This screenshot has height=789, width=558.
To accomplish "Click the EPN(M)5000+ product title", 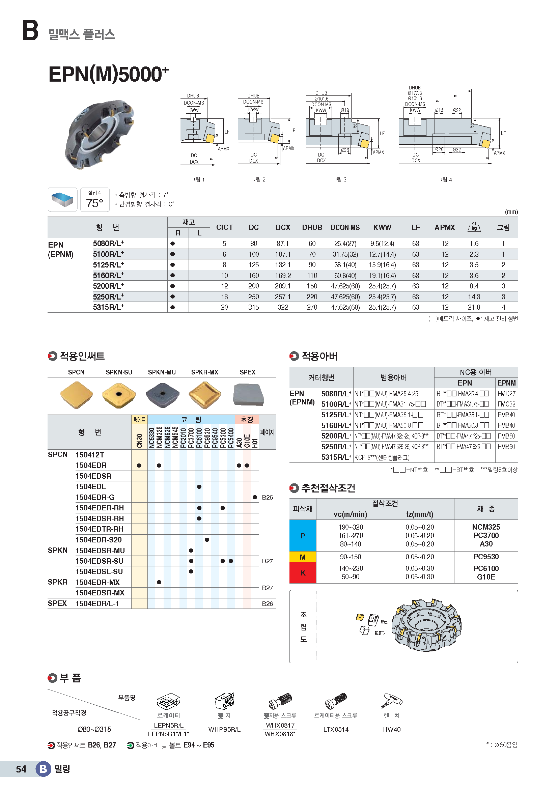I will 108,74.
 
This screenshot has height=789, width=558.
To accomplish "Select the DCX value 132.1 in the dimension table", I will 282,265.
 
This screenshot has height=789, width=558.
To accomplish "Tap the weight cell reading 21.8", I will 474,307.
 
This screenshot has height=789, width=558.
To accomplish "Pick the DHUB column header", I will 312,227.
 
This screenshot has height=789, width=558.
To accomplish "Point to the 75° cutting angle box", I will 95,200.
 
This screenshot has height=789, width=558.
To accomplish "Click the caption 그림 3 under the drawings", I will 339,179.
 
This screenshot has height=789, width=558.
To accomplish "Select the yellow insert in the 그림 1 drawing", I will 210,139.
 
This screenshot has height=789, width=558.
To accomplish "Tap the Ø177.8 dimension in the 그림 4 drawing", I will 415,93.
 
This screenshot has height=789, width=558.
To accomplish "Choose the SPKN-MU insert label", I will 162,372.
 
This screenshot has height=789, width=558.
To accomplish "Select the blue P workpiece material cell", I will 303,536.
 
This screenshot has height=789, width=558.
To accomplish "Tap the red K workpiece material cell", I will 303,573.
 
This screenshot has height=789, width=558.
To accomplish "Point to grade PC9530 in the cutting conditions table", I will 486,557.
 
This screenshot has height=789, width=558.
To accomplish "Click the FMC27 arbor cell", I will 506,394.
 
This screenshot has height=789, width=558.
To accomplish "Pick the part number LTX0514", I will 336,730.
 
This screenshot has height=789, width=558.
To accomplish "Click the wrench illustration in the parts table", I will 391,701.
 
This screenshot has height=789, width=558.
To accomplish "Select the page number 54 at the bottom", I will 21,769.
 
